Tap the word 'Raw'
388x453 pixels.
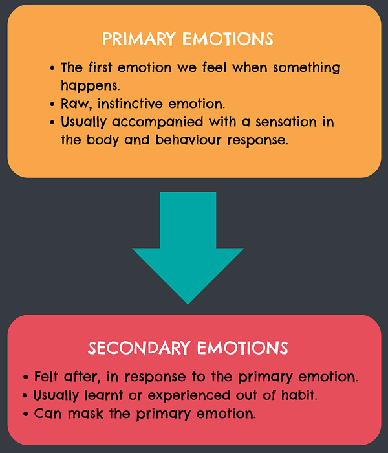point(75,104)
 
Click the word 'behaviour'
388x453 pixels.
point(187,140)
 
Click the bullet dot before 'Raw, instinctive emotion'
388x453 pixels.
point(52,104)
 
